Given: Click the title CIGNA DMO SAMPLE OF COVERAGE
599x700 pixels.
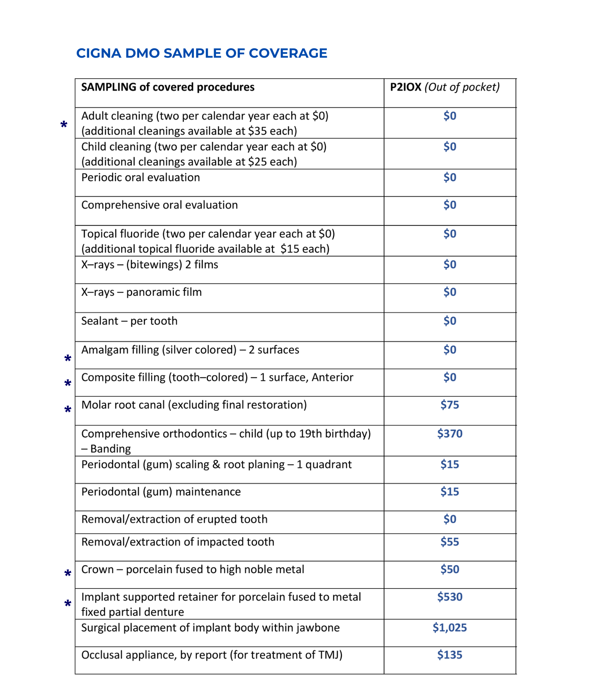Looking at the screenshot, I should pos(202,53).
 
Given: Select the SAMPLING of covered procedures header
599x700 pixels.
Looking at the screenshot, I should pos(168,87).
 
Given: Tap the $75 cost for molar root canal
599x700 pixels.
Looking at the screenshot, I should pos(450,405).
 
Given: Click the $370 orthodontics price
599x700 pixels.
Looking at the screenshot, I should pos(450,434).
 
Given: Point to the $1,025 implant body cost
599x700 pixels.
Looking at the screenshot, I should pos(450,628).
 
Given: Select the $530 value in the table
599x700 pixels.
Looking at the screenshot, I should pos(450,597).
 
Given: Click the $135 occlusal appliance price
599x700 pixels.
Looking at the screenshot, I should pos(450,655).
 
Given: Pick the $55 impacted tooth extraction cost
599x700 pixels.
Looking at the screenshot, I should pos(450,542).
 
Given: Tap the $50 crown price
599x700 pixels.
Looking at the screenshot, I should pos(450,570).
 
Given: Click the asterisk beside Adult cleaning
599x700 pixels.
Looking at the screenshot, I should pos(64,125).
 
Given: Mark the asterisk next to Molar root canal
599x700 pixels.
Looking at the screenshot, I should pos(67,410).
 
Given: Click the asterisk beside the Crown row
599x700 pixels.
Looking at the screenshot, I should pos(67,573).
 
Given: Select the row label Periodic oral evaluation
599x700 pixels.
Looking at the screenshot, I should pos(141,178).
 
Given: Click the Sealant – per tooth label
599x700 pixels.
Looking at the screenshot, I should pos(129,321).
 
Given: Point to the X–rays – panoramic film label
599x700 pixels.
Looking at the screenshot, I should pos(142,292).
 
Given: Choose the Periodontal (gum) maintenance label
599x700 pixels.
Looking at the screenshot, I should pos(161,492).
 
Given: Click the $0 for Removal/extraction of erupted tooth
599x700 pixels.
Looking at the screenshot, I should pos(450,519).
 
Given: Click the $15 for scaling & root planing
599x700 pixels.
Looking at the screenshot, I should pos(450,465).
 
